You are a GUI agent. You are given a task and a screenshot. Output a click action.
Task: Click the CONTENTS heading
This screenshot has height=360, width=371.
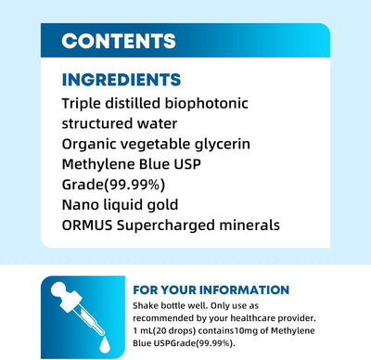pos(119,41)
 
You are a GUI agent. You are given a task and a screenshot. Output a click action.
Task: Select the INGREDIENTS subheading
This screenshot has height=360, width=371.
pos(121,81)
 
